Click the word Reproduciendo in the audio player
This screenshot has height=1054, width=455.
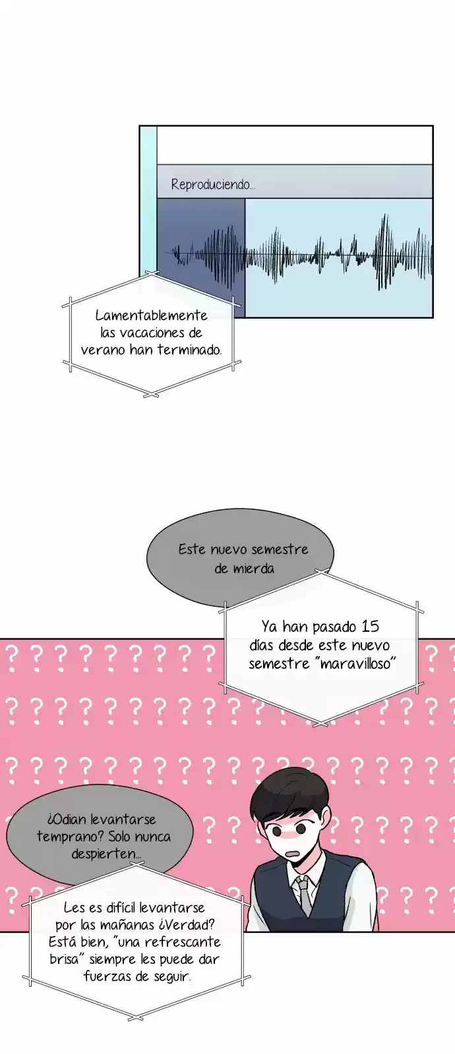click(x=210, y=184)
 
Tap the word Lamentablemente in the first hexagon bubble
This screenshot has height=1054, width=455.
click(x=151, y=316)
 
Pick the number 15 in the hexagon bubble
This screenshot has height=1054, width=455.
click(x=370, y=626)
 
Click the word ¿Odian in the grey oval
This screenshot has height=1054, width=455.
click(x=67, y=819)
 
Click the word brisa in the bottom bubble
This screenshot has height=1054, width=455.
click(x=64, y=959)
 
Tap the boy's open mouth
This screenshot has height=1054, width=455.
click(x=294, y=852)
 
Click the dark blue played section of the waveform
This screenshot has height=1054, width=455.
click(x=202, y=257)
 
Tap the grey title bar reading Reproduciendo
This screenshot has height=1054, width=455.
click(x=295, y=181)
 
